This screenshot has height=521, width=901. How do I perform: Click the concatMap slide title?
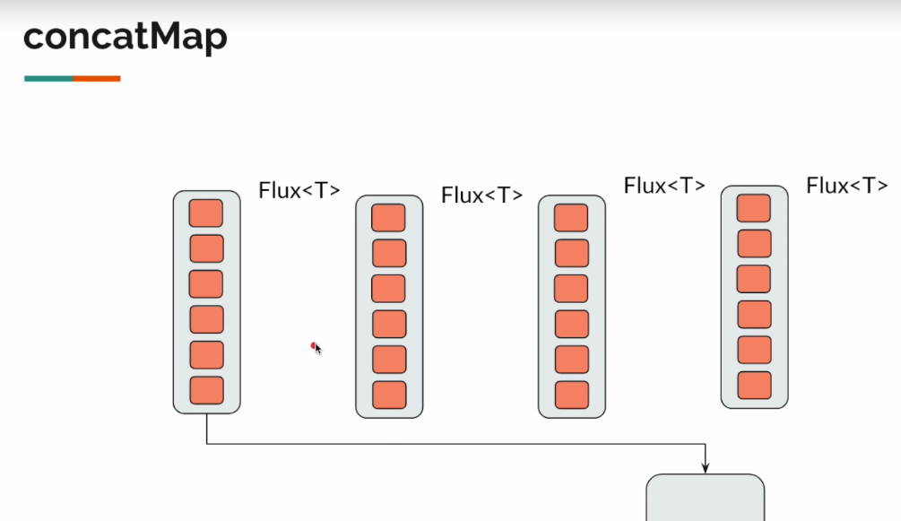(x=125, y=38)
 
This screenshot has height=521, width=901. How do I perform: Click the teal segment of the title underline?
(x=48, y=79)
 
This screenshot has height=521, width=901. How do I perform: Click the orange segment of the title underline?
(x=97, y=79)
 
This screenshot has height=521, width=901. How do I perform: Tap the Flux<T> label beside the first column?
(x=299, y=190)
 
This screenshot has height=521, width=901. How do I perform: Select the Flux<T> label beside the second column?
(x=482, y=195)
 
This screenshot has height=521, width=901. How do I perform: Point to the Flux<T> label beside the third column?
(x=664, y=186)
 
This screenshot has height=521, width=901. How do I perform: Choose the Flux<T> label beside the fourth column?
(x=847, y=186)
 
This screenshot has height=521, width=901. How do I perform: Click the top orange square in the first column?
(x=206, y=213)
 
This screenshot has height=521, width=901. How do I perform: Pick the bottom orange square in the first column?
(x=206, y=390)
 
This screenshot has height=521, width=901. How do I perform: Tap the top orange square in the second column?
(x=388, y=218)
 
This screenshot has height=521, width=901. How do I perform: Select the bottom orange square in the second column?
(x=389, y=395)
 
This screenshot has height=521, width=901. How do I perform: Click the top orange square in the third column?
(x=571, y=218)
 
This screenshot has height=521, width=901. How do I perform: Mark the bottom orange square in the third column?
(x=571, y=395)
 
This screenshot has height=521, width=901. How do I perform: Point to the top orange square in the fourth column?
(x=754, y=208)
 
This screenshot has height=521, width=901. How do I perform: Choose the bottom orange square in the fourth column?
(x=754, y=385)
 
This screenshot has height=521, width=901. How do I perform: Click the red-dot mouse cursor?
(x=315, y=346)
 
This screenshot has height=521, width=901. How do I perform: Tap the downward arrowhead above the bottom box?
(x=706, y=466)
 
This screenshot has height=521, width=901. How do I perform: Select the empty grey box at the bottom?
(x=706, y=499)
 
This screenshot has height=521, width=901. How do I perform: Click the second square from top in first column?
(x=206, y=248)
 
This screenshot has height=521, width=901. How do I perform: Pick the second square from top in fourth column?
(x=754, y=243)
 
